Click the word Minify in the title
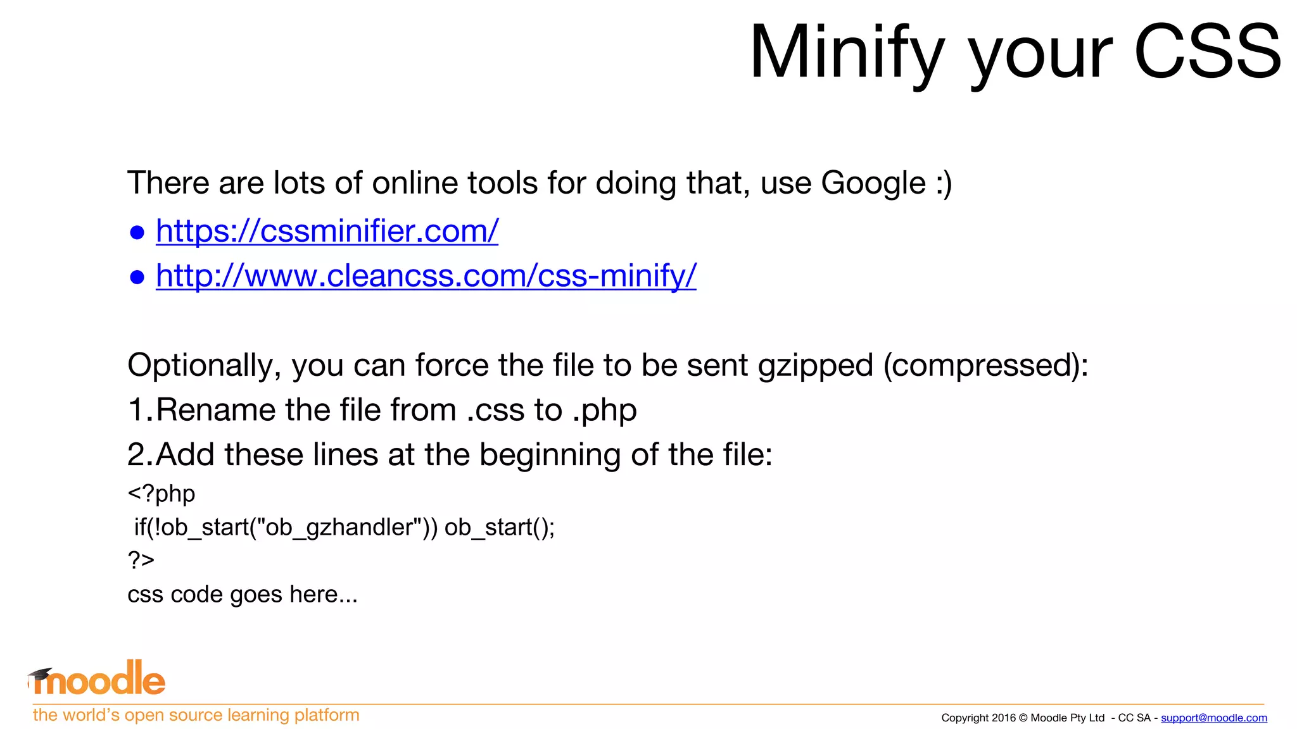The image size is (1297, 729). (x=847, y=52)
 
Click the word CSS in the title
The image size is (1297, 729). (x=1207, y=52)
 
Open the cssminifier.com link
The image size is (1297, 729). (x=327, y=231)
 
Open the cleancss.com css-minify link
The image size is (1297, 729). (x=426, y=276)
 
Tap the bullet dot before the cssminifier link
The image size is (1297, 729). (x=137, y=233)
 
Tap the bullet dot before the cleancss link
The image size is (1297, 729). (x=137, y=277)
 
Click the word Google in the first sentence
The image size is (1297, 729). (x=873, y=184)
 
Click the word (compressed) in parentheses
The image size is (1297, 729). (x=985, y=366)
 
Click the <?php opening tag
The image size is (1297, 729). (x=161, y=494)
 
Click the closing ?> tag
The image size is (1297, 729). (x=141, y=560)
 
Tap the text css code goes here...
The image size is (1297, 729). (x=242, y=595)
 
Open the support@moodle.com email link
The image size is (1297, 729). (x=1213, y=718)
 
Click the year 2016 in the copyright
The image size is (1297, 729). (x=1004, y=718)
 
